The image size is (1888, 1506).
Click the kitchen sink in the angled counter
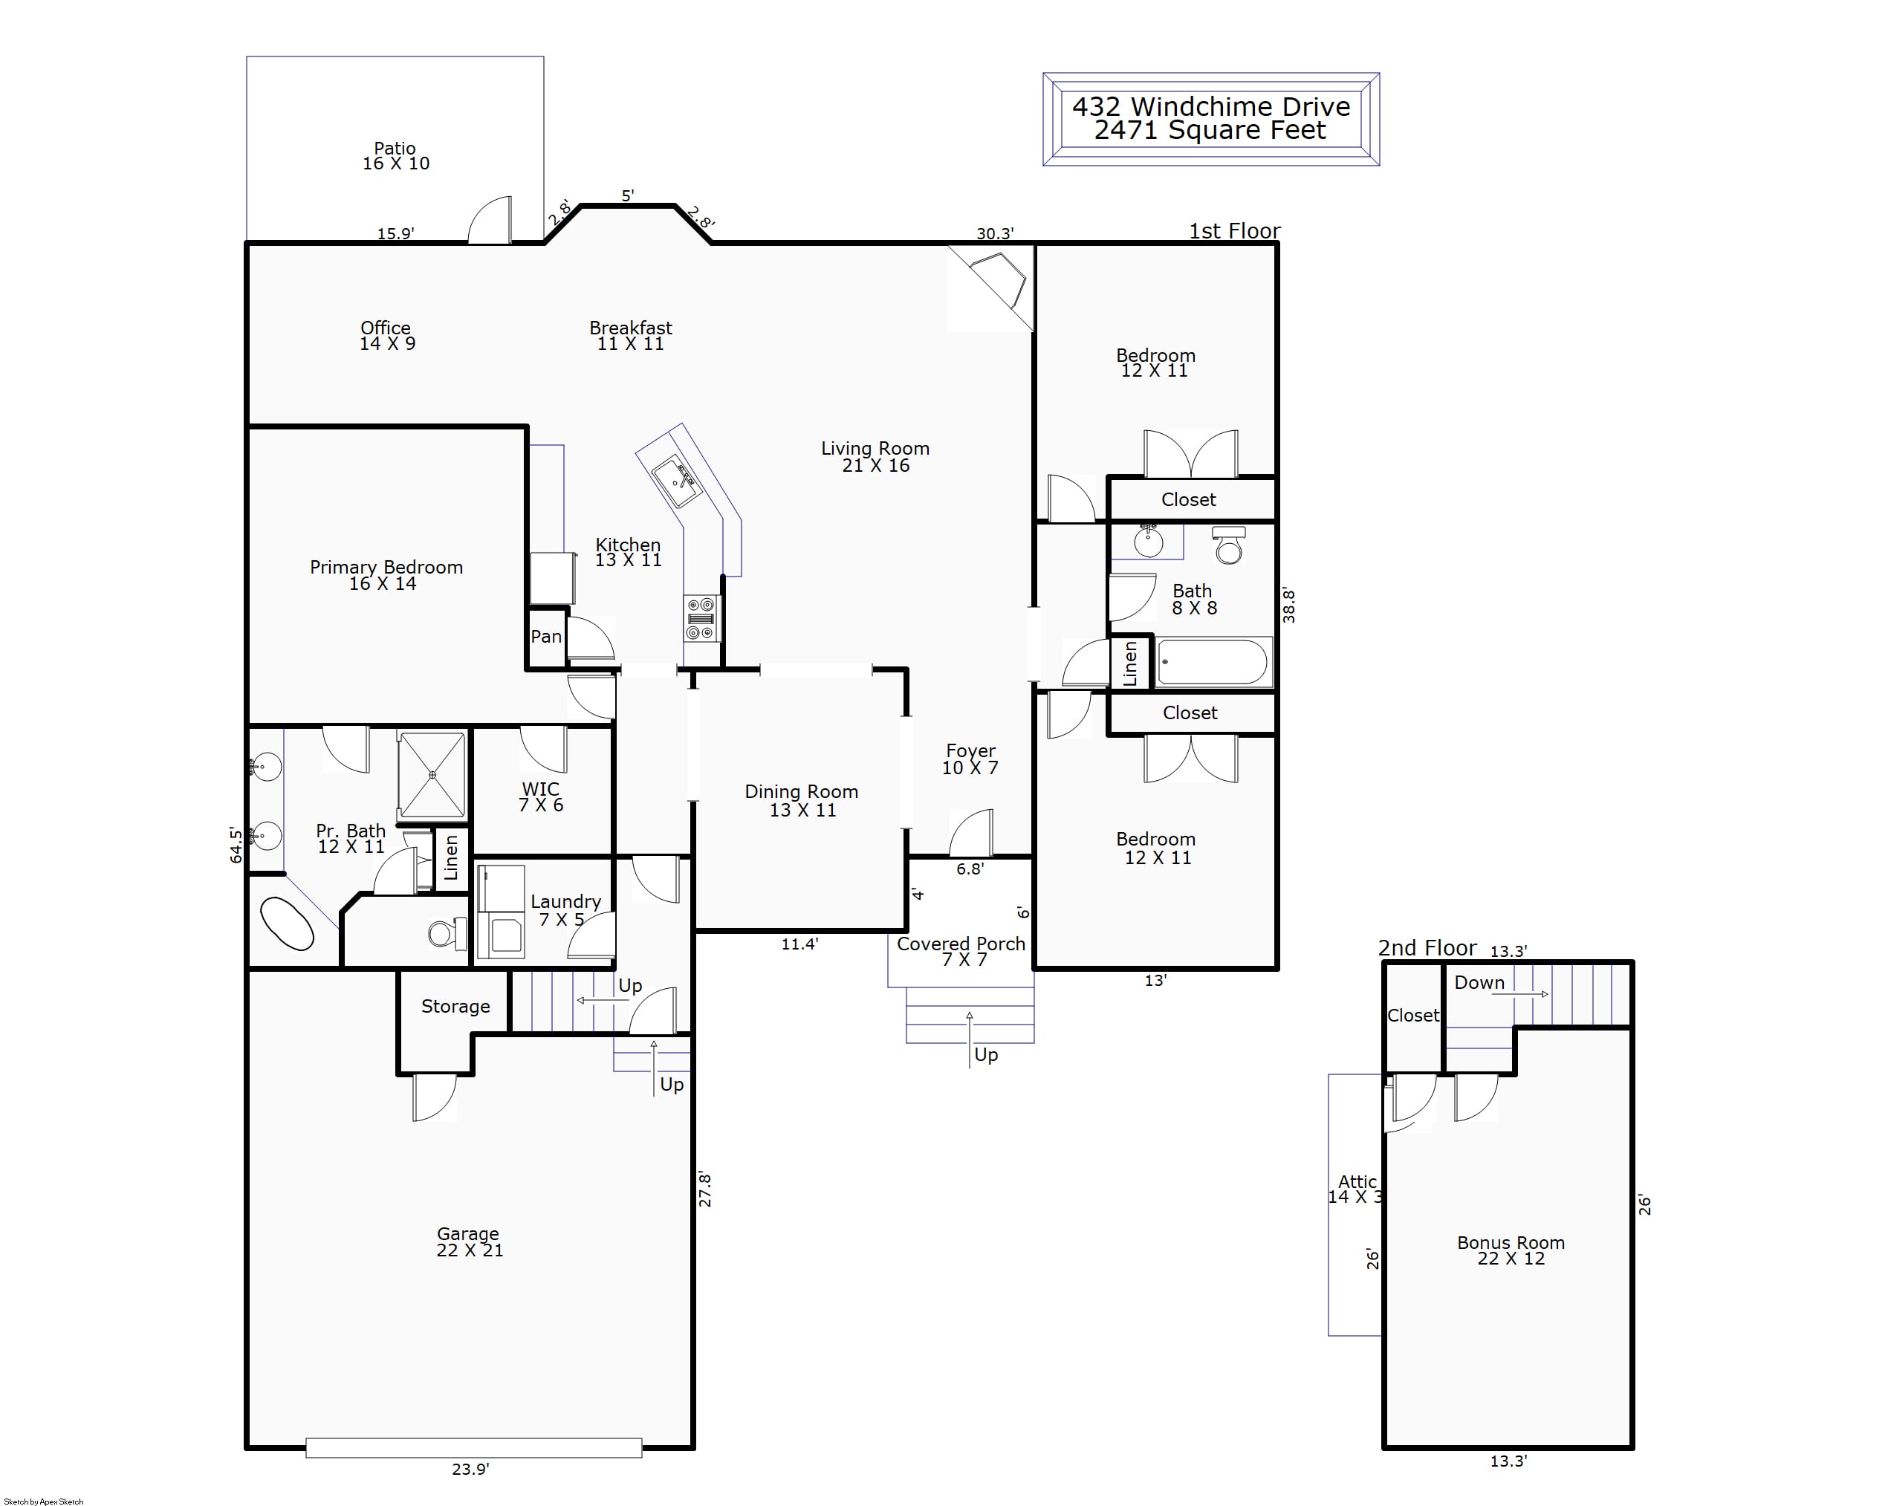click(x=676, y=481)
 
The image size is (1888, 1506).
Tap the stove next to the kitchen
click(x=701, y=618)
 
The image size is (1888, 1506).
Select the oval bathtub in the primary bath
click(x=286, y=923)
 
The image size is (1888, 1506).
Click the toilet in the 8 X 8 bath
click(x=1230, y=545)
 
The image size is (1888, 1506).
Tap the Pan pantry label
click(x=545, y=637)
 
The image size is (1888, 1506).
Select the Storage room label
click(x=455, y=1006)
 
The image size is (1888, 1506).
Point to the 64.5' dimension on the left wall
click(x=236, y=845)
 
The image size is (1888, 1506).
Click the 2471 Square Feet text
click(x=1210, y=131)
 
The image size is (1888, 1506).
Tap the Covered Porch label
click(x=961, y=944)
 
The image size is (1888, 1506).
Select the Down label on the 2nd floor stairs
click(x=1479, y=982)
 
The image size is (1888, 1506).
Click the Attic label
click(x=1357, y=1181)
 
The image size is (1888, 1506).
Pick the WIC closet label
click(x=540, y=789)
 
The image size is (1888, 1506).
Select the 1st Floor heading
click(x=1234, y=231)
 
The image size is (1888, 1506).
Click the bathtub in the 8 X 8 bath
click(x=1213, y=662)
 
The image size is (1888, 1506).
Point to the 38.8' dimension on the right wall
click(x=1288, y=605)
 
